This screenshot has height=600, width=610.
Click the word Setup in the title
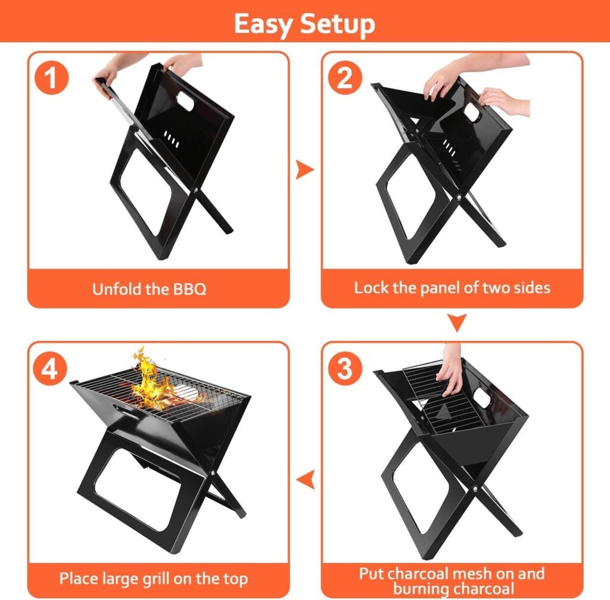point(337,24)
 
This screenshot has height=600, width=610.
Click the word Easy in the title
point(263,24)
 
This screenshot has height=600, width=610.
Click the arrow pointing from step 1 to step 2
point(305,170)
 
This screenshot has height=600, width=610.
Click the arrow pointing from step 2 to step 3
point(457,324)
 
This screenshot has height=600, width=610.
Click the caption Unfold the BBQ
point(149,290)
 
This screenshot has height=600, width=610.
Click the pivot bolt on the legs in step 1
point(197,191)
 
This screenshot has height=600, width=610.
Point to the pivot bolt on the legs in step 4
point(213,473)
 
